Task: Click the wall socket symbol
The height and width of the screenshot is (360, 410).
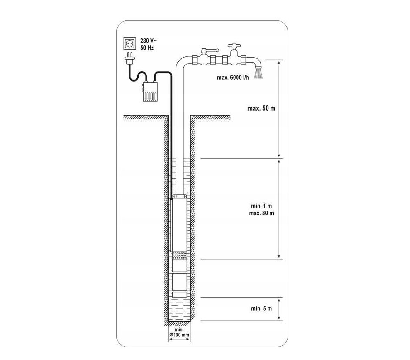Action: [x=130, y=44]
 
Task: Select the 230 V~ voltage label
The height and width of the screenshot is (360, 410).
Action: [x=149, y=41]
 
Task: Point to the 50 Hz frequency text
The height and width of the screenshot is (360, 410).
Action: [x=147, y=48]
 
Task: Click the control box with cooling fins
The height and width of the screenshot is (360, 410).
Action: [x=150, y=92]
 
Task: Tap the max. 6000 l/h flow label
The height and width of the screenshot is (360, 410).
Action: [x=233, y=78]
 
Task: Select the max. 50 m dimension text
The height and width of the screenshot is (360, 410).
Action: [x=261, y=109]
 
